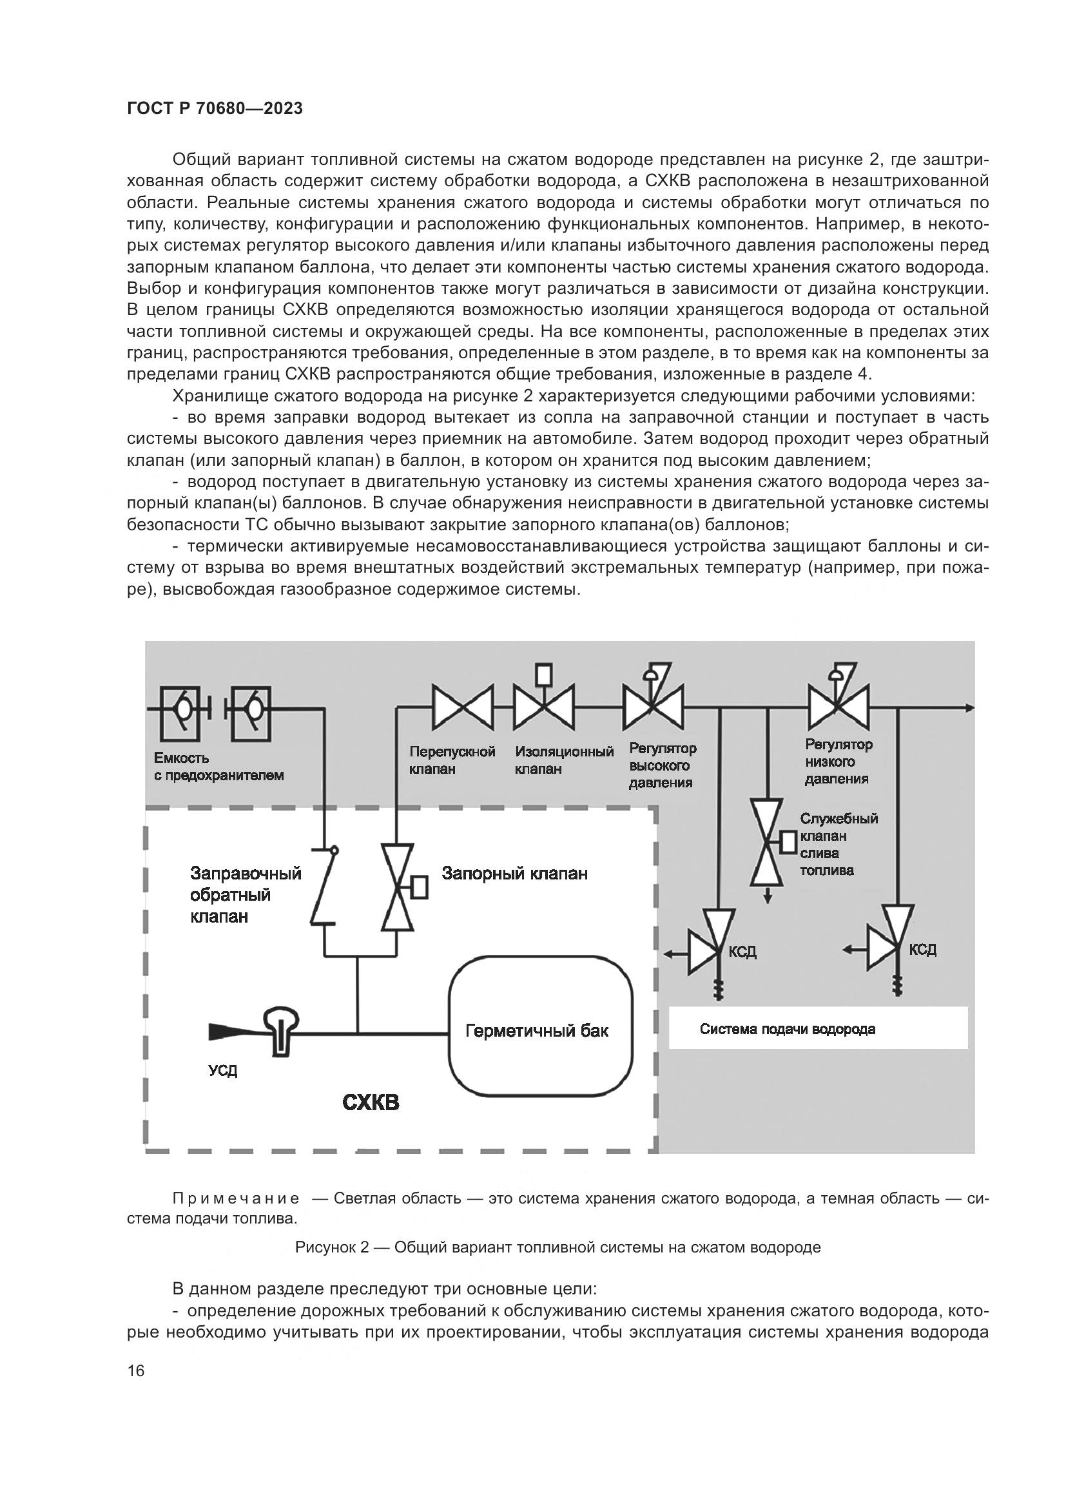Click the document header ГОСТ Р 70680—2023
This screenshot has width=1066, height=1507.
215,108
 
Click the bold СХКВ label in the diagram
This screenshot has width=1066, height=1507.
371,1102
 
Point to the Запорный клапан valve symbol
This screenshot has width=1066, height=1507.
398,887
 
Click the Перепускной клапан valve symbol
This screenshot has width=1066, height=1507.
462,707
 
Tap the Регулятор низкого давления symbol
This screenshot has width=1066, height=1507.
838,704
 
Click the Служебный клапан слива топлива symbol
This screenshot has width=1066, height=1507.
768,843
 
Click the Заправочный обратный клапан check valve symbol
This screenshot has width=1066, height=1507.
325,887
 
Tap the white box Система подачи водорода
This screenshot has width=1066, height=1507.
818,1028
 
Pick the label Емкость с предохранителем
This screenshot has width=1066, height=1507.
218,767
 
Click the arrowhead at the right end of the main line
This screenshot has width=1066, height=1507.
969,707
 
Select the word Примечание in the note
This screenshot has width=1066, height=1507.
236,1199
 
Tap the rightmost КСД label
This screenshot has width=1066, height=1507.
922,950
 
